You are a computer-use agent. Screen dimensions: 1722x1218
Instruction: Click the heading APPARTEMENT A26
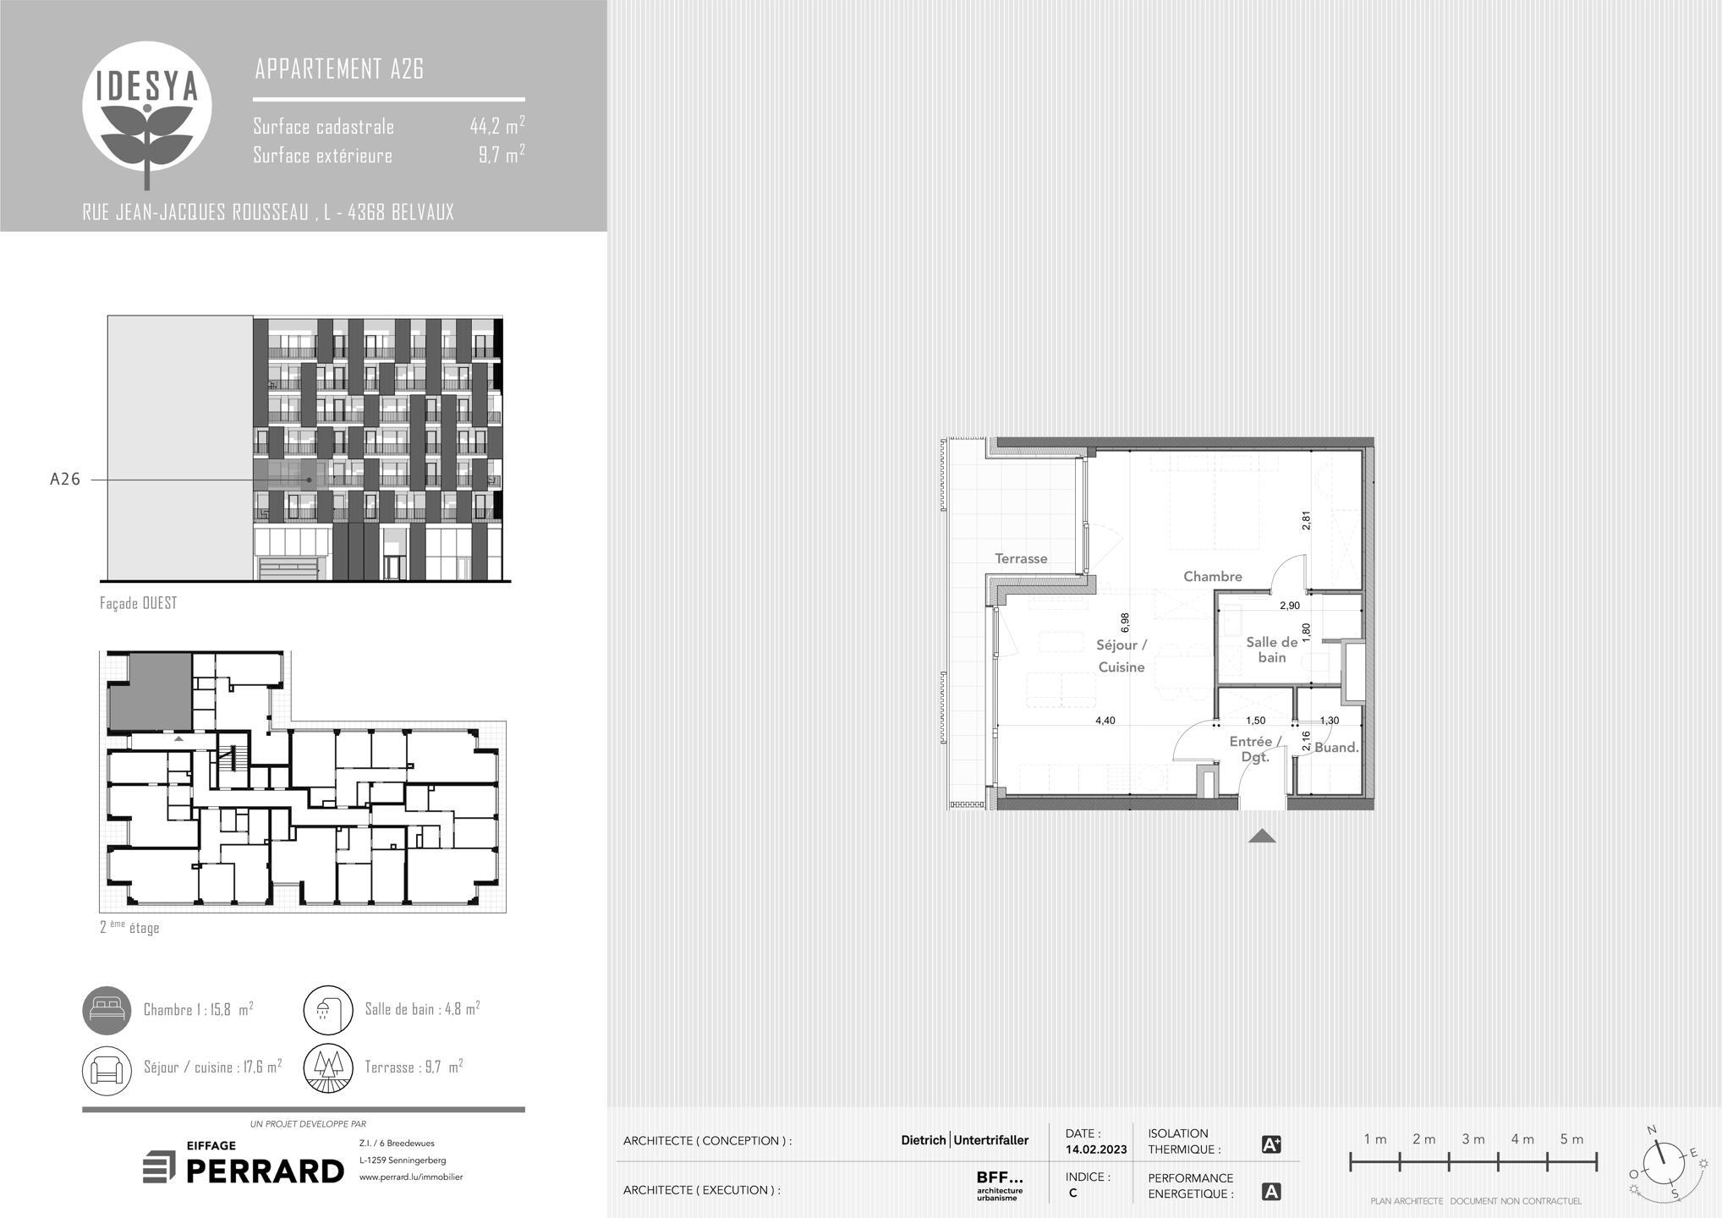coord(339,69)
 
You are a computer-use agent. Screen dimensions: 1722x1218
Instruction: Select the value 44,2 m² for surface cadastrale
coord(497,126)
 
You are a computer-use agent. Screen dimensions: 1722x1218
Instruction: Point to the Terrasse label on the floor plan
coord(1021,558)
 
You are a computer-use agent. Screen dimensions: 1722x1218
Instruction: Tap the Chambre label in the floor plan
coord(1212,577)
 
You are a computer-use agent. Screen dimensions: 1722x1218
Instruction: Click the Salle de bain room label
coord(1271,650)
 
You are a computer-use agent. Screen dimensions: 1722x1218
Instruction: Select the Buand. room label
coord(1336,748)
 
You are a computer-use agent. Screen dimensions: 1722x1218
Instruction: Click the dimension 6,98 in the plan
coord(1125,623)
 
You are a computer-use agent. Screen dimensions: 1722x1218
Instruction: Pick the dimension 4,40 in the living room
coord(1105,721)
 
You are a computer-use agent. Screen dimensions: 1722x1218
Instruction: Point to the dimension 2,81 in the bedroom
coord(1306,520)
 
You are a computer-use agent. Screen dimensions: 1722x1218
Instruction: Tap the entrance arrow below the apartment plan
coord(1262,837)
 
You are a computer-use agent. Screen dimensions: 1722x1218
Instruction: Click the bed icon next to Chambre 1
coord(107,1010)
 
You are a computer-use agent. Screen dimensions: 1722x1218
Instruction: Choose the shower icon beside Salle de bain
coord(328,1010)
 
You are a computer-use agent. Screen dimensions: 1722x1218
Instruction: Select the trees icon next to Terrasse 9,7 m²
coord(328,1069)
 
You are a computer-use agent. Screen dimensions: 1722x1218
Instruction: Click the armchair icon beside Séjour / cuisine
coord(107,1069)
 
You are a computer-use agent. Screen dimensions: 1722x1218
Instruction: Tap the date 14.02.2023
coord(1096,1149)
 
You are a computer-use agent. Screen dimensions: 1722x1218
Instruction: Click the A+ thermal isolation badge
coord(1270,1145)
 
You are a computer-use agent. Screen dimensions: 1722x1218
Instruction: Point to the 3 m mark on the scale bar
coord(1473,1139)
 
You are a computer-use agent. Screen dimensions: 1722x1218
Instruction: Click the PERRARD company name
coord(265,1171)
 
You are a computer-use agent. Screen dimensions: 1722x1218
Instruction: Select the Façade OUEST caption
coord(139,603)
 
